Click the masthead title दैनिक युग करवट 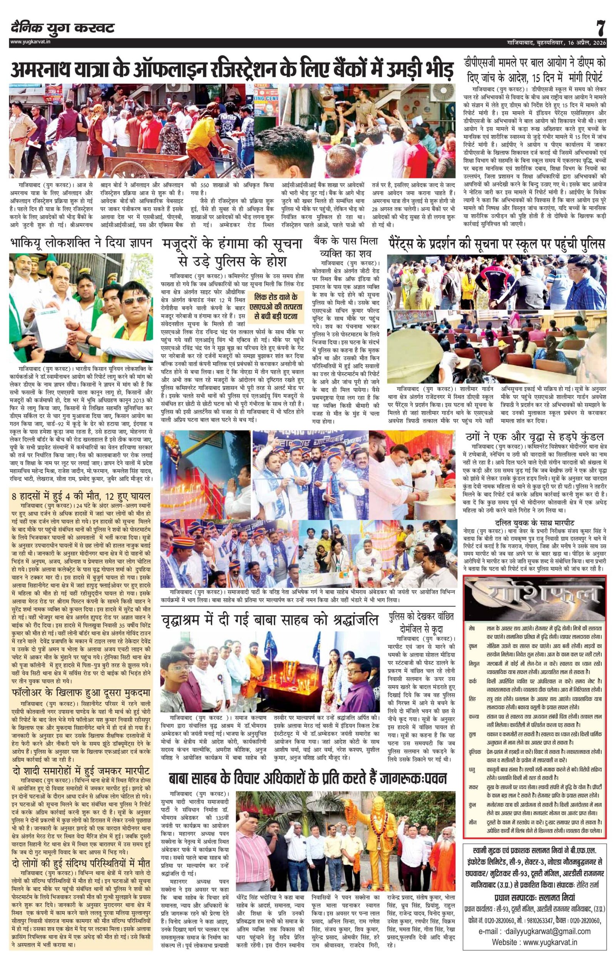63,28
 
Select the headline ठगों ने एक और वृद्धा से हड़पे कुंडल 535,437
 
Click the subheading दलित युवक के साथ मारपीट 535,523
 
